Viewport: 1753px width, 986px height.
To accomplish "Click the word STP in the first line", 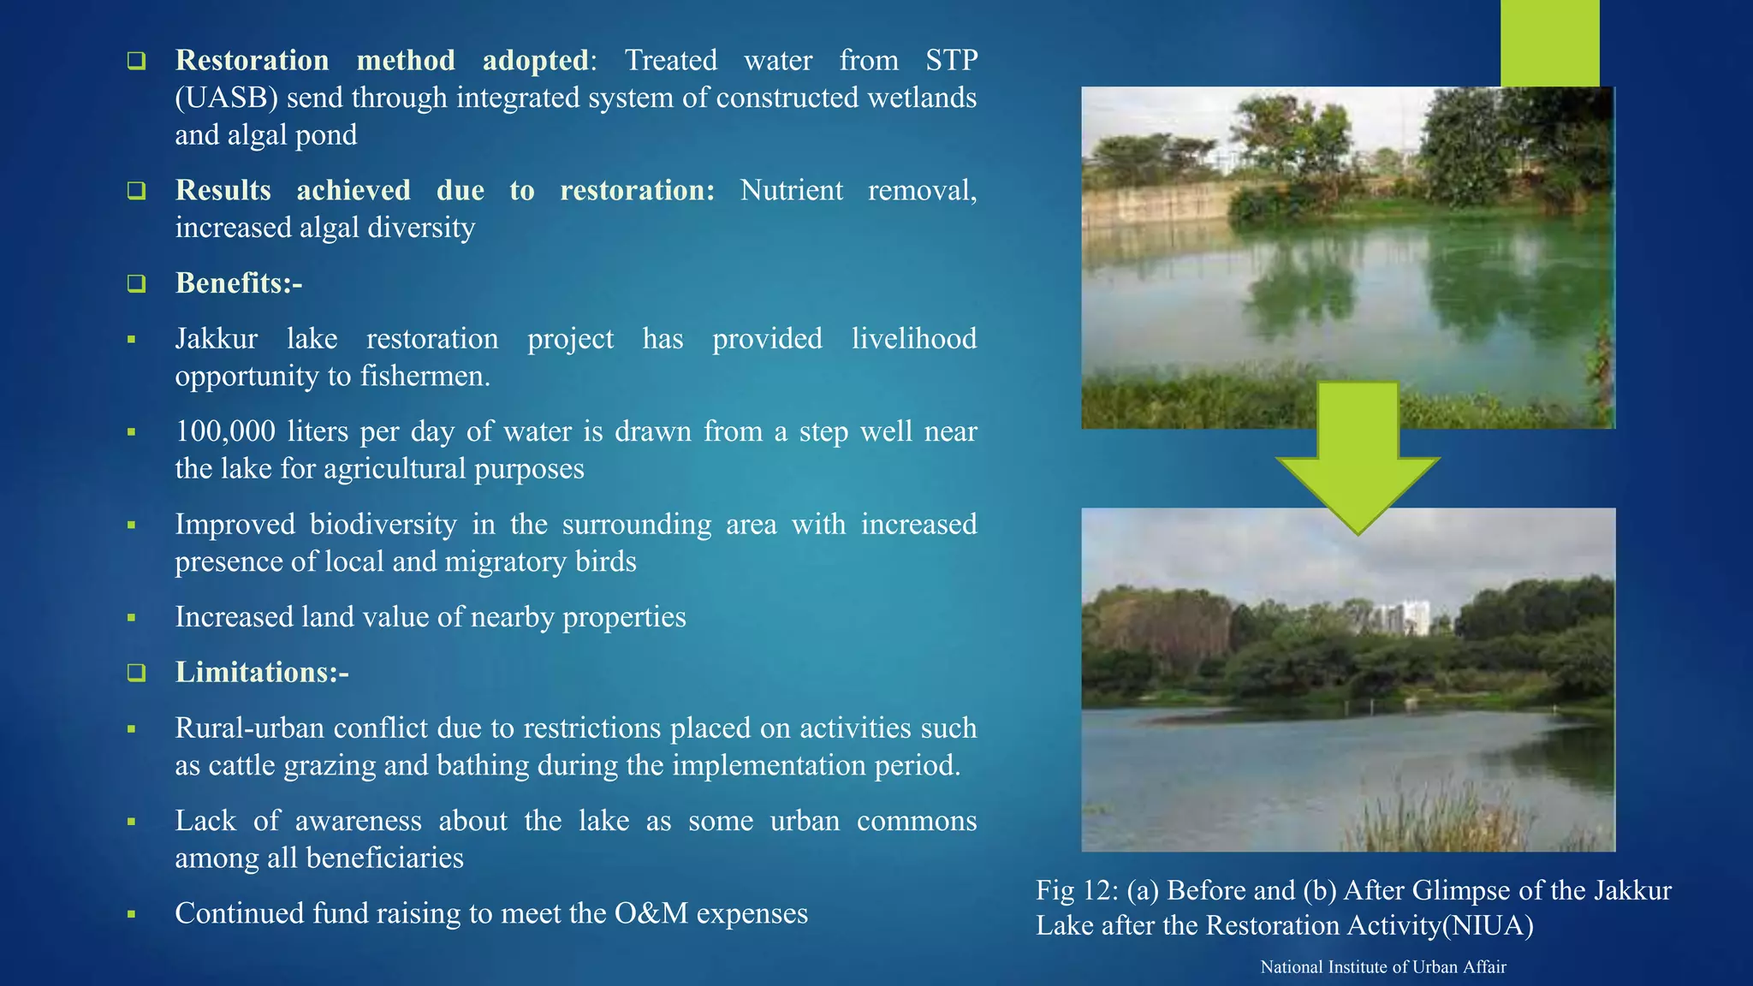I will pyautogui.click(x=951, y=61).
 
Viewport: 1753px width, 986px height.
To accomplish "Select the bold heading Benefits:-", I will pyautogui.click(x=239, y=283).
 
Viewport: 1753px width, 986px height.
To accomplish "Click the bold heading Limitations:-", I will pyautogui.click(x=262, y=673).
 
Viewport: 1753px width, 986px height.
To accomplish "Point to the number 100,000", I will pyautogui.click(x=225, y=431).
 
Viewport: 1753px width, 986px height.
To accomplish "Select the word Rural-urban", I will pyautogui.click(x=250, y=728).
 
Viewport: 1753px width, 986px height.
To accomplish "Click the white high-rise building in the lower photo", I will pyautogui.click(x=1401, y=618).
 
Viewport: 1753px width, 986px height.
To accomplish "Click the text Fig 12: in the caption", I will pyautogui.click(x=1077, y=891).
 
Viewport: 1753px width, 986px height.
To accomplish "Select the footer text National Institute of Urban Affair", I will pyautogui.click(x=1383, y=967).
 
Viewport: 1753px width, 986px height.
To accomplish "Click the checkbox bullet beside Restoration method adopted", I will pyautogui.click(x=136, y=61).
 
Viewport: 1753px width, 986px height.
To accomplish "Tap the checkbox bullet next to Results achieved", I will pyautogui.click(x=136, y=191).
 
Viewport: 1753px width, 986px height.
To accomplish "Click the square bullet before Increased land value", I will pyautogui.click(x=132, y=618).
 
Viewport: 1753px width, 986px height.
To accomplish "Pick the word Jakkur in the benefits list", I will pyautogui.click(x=216, y=339).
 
